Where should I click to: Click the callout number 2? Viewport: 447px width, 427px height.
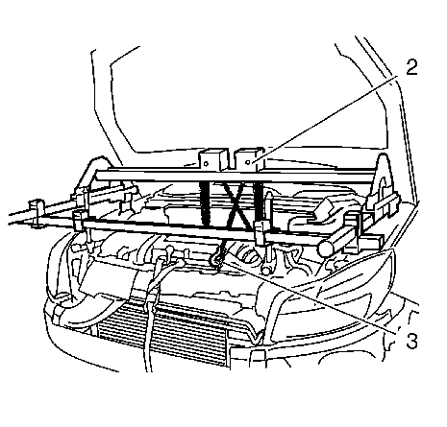point(411,68)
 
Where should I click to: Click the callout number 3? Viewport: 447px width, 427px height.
point(411,341)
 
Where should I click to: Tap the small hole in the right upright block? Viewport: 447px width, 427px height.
point(248,163)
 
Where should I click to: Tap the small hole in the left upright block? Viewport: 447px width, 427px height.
point(206,164)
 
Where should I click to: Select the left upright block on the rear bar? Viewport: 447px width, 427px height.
point(211,159)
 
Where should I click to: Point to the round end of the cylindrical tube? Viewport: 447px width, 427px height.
point(326,248)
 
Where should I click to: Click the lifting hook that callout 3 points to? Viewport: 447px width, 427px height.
point(217,260)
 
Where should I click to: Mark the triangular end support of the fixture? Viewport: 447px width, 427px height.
point(382,179)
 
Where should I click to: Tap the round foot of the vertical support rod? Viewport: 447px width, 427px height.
point(266,269)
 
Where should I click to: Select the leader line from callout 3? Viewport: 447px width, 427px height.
point(308,296)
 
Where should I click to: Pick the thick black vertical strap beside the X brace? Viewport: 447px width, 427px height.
point(205,203)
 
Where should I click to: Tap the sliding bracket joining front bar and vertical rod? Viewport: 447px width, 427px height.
point(262,232)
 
